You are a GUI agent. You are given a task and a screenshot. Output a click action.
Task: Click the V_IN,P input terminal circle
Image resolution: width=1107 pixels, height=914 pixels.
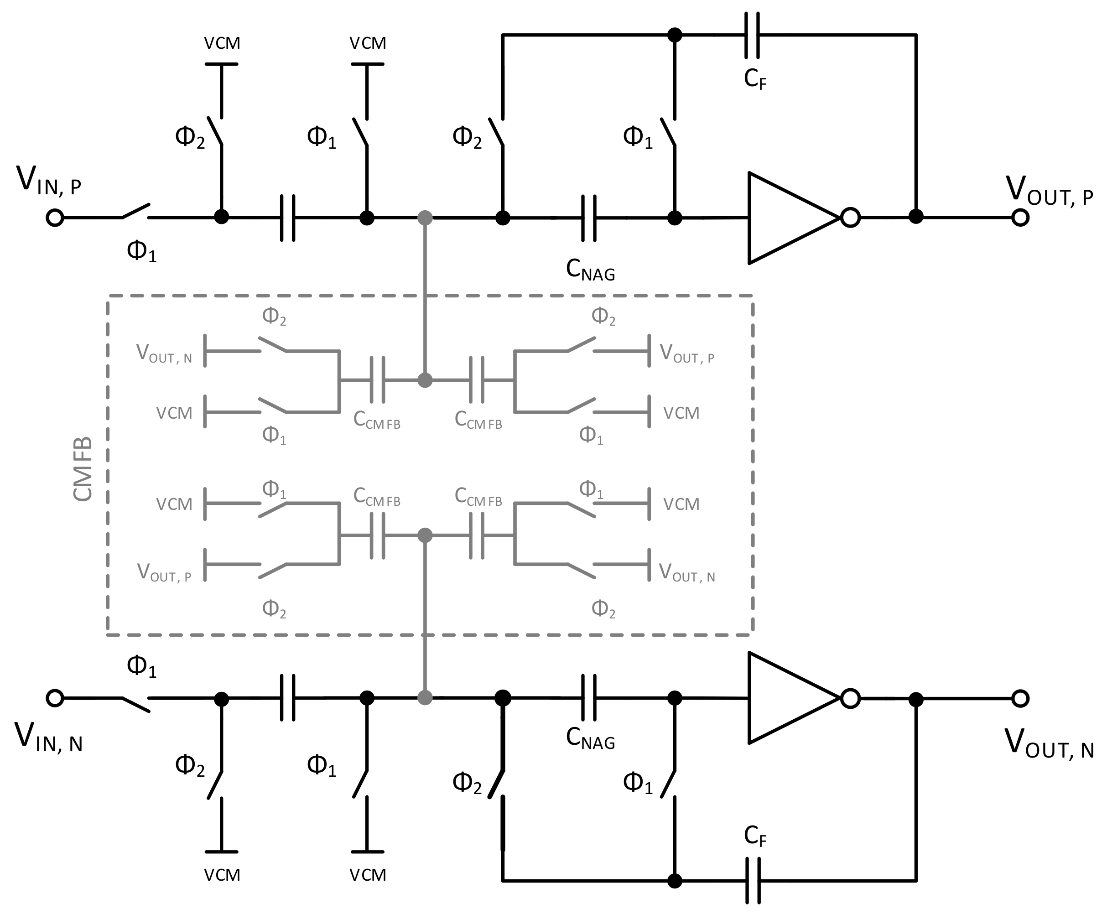pyautogui.click(x=55, y=218)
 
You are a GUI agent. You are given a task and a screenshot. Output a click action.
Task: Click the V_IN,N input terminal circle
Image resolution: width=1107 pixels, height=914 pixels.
pyautogui.click(x=55, y=698)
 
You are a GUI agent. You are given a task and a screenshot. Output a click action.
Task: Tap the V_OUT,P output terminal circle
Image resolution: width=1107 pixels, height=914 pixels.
pyautogui.click(x=1020, y=217)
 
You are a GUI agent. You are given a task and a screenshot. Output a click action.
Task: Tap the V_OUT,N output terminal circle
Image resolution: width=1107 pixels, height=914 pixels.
pyautogui.click(x=1020, y=699)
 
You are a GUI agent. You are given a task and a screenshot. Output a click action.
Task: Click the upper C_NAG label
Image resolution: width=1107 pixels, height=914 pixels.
pyautogui.click(x=590, y=270)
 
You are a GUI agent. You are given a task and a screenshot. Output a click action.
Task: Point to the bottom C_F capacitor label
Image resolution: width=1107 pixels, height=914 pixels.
pyautogui.click(x=755, y=836)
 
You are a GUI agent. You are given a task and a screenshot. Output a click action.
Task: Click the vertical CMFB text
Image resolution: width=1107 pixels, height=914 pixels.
pyautogui.click(x=83, y=468)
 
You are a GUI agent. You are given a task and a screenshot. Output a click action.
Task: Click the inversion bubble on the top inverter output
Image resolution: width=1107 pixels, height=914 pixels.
pyautogui.click(x=851, y=218)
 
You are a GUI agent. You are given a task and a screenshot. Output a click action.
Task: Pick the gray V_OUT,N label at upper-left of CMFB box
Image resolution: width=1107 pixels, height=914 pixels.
pyautogui.click(x=164, y=354)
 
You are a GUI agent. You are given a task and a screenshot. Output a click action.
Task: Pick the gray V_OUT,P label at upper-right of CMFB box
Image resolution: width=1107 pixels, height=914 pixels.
pyautogui.click(x=686, y=354)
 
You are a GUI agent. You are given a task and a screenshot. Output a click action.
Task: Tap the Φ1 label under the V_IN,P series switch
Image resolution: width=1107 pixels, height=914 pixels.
pyautogui.click(x=141, y=251)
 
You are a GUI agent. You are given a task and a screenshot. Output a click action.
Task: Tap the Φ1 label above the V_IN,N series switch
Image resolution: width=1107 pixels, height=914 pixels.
pyautogui.click(x=141, y=666)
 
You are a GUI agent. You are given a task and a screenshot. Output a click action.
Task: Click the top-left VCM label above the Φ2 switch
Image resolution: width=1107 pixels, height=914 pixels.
pyautogui.click(x=222, y=43)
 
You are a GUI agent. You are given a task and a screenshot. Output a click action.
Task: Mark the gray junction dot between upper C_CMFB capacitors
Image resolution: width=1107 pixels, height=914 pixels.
pyautogui.click(x=425, y=380)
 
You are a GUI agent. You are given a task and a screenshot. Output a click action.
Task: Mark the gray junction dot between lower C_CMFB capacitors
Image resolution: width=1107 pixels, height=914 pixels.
pyautogui.click(x=425, y=536)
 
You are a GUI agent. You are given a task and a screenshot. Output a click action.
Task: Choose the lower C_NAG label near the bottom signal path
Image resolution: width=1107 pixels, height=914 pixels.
pyautogui.click(x=590, y=739)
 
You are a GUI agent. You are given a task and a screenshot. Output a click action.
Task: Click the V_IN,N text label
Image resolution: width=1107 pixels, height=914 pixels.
pyautogui.click(x=48, y=737)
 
